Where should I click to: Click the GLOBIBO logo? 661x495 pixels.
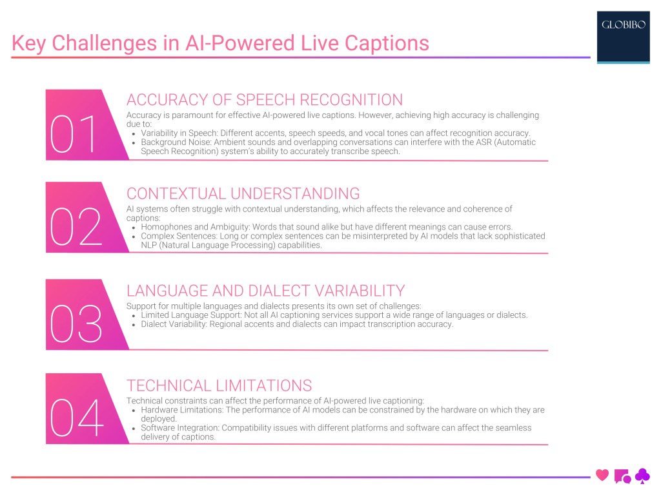click(623, 26)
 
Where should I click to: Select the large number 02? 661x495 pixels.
click(76, 228)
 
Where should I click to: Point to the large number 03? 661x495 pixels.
click(76, 324)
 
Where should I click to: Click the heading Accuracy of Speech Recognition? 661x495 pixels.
click(265, 100)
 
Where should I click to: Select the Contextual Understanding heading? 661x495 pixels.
click(243, 193)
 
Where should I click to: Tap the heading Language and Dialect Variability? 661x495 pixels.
click(265, 290)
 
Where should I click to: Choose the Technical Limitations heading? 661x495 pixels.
click(219, 385)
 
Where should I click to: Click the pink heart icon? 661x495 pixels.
click(602, 476)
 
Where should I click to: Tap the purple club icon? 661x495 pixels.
click(642, 476)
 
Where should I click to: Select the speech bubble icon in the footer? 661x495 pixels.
click(622, 476)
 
